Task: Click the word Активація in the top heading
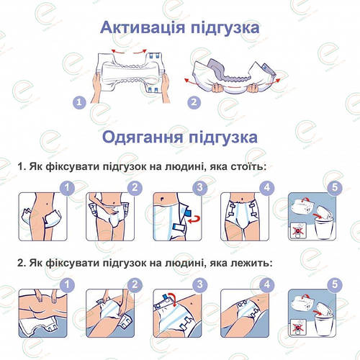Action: tap(143, 27)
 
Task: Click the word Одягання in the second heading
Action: tap(143, 138)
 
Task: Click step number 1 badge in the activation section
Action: tap(79, 103)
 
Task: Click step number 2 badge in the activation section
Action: tap(194, 102)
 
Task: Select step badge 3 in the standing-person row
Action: tap(200, 187)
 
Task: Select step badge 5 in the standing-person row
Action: tap(335, 187)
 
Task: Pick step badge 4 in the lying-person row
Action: tap(267, 285)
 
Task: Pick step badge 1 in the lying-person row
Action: tap(67, 285)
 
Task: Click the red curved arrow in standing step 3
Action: tap(194, 220)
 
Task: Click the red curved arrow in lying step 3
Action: tap(174, 297)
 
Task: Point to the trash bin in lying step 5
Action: tap(324, 325)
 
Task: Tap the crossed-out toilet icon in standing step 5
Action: tap(298, 230)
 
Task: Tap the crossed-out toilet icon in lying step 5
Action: tap(298, 327)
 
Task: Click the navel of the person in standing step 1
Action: tap(47, 204)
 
